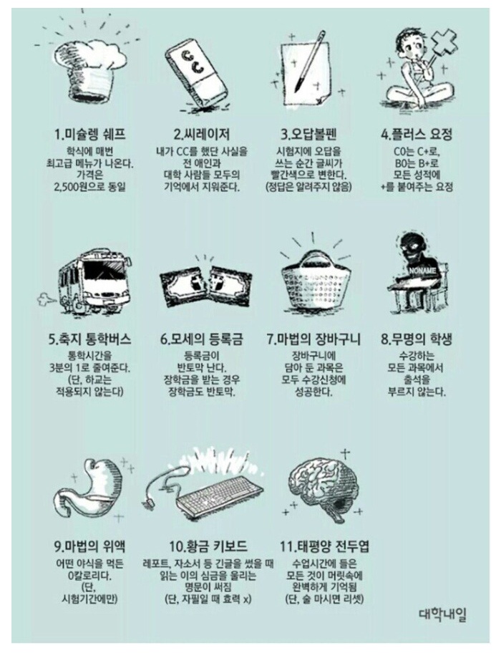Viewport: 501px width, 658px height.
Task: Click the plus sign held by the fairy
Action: point(443,43)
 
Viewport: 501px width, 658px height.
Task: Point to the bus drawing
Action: point(93,281)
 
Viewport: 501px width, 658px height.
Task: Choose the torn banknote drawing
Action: point(205,286)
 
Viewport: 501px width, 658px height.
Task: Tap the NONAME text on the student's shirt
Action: point(422,271)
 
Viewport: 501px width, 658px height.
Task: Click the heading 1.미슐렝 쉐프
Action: point(89,135)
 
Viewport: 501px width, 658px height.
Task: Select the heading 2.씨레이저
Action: point(201,135)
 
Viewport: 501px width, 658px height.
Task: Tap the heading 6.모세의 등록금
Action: point(201,339)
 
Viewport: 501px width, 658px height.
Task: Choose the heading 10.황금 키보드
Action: point(208,546)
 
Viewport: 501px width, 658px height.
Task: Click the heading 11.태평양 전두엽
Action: point(324,546)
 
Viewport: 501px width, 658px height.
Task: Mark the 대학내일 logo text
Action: point(442,615)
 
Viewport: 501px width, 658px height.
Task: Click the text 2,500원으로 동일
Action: point(89,187)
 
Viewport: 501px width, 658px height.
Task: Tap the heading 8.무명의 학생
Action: point(417,339)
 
